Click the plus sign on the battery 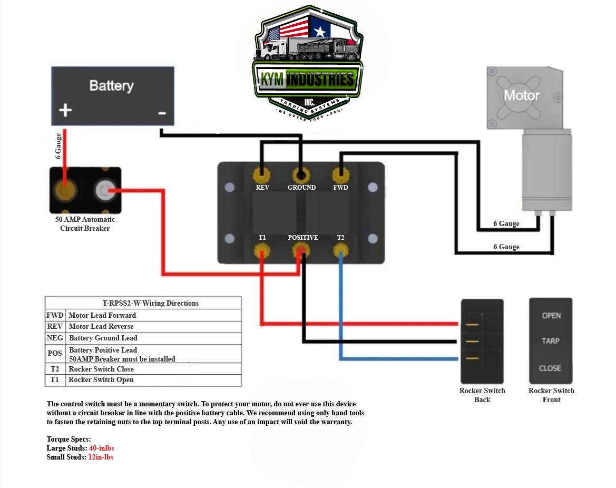65,110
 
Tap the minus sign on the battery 162,112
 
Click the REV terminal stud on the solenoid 261,174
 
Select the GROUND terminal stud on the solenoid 301,175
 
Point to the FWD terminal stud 340,174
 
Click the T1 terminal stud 262,250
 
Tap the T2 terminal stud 340,250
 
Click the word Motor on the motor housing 522,95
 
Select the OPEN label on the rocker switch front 551,316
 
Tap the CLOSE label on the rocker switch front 550,368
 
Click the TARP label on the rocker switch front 551,341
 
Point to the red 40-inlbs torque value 102,448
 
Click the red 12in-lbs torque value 101,457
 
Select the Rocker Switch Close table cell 101,369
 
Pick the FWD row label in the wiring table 55,315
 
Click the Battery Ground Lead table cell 103,338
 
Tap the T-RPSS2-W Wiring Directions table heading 150,303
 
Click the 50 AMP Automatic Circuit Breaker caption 85,224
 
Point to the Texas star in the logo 319,31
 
